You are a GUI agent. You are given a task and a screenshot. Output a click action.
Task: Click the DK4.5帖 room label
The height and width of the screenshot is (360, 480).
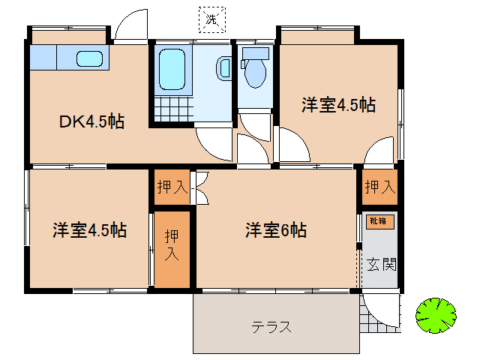(92, 121)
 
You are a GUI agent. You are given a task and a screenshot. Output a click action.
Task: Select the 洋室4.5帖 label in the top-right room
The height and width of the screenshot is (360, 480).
(338, 105)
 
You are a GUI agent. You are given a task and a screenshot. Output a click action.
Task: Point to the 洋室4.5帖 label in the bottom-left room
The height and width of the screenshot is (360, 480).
(89, 230)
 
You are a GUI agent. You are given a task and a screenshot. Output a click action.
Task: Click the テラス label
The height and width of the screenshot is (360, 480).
(271, 327)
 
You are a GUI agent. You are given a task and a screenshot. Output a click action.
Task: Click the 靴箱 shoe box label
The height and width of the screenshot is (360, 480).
(376, 221)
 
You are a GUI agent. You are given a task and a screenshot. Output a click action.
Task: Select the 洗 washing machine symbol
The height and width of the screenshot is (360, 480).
(212, 19)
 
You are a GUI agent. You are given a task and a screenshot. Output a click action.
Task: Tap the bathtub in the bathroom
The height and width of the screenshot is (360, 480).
(172, 69)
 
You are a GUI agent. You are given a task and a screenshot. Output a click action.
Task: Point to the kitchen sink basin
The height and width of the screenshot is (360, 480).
(90, 58)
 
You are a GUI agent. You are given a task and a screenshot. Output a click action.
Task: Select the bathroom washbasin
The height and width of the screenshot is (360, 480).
(224, 68)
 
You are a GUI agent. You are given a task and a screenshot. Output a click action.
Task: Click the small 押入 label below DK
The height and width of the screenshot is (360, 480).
(172, 187)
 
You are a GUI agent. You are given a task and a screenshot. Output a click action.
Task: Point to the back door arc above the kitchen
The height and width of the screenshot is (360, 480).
(132, 26)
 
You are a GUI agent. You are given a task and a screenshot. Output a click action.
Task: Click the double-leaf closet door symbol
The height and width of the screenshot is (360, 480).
(200, 187)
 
